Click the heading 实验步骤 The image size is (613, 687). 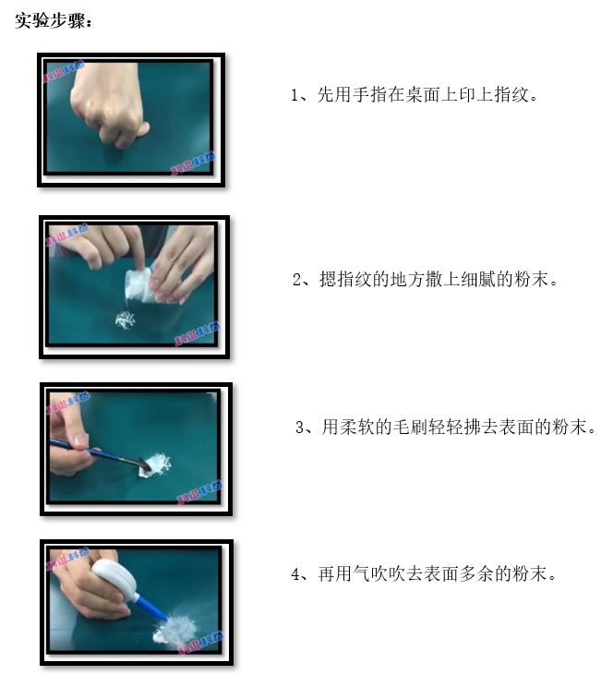(x=54, y=19)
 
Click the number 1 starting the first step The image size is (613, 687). (x=295, y=95)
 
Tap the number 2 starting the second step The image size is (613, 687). (x=297, y=280)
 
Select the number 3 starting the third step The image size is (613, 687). (x=300, y=428)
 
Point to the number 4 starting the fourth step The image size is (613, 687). (x=296, y=574)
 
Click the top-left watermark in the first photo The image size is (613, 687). (x=64, y=71)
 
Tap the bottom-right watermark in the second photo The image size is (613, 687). (x=195, y=339)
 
